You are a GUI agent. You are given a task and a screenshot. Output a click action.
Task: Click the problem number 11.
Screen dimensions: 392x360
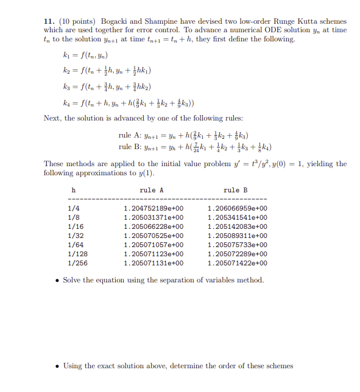(48, 21)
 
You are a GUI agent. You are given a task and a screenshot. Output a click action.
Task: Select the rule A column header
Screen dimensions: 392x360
(152, 190)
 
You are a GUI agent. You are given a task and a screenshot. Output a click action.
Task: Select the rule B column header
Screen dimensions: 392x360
(236, 190)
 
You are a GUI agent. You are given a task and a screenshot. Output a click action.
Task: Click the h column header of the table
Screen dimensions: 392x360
(74, 190)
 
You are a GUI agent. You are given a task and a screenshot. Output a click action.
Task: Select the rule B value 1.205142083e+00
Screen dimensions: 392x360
(237, 226)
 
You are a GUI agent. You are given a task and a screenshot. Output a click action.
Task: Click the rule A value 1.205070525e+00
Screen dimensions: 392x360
(153, 236)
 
